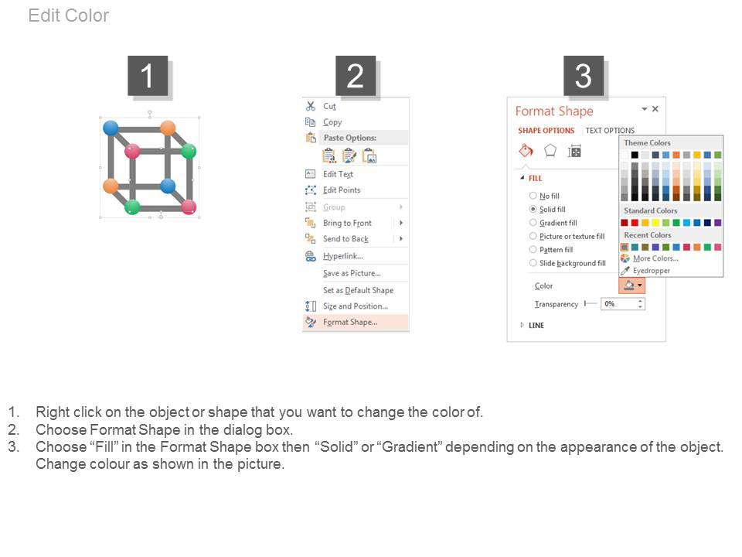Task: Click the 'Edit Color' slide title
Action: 69,15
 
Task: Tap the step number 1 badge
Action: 148,76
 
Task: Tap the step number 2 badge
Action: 356,76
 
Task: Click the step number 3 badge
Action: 584,76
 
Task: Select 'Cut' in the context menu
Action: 329,106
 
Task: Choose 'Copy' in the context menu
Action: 332,122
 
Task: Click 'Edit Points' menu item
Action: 342,190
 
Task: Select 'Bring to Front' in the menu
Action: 347,223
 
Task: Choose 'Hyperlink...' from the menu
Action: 342,256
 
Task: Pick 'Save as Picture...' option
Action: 352,273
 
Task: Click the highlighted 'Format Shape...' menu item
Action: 350,322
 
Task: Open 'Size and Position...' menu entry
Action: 355,306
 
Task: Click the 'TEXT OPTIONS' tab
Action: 610,131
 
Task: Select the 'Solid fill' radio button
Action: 533,210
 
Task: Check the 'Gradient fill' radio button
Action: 533,223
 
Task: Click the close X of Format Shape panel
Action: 655,109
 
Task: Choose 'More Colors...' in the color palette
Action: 655,258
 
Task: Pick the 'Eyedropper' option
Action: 651,271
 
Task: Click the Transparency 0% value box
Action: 619,304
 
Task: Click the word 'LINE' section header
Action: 536,326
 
